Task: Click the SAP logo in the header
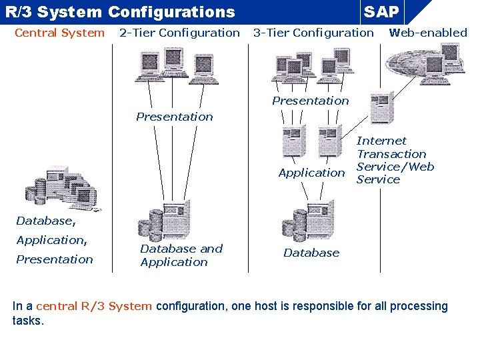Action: tap(382, 11)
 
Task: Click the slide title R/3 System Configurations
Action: tap(120, 11)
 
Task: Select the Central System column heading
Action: tap(59, 33)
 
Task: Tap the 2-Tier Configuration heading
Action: tap(179, 33)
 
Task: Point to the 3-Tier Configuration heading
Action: tap(313, 33)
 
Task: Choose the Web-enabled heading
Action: tap(428, 33)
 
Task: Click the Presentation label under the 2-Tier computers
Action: tap(175, 117)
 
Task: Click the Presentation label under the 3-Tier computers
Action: tap(310, 101)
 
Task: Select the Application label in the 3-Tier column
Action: tap(311, 173)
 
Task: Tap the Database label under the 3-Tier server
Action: tap(311, 253)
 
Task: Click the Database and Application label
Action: tap(181, 255)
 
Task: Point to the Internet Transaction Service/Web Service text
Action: tap(395, 160)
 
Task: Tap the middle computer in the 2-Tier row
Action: tap(174, 63)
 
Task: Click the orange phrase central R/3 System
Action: tap(94, 306)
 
